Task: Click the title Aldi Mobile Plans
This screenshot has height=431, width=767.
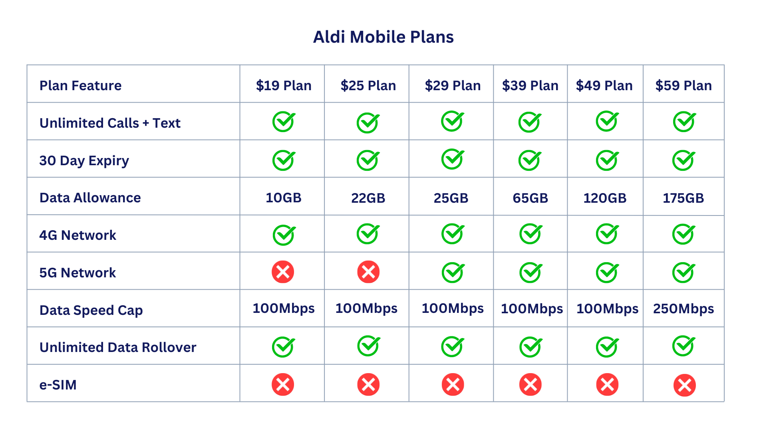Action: pos(383,37)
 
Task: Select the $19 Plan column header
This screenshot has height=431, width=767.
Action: pos(284,85)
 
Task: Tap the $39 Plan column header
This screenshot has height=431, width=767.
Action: pos(530,85)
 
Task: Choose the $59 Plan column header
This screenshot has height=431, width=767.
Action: pos(684,85)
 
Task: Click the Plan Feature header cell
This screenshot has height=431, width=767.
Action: pos(80,85)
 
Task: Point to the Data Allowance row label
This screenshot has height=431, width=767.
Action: pos(90,198)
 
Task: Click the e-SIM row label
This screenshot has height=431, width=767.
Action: pos(58,385)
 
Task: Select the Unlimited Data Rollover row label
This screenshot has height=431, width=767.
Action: pos(118,347)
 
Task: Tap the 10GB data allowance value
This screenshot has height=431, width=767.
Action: pos(284,198)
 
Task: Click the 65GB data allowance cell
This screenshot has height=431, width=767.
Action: pos(530,198)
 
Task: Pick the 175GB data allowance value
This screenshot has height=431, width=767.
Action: pos(684,198)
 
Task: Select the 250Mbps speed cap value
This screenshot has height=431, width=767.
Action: pos(684,308)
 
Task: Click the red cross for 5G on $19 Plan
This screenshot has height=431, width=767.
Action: pos(283,272)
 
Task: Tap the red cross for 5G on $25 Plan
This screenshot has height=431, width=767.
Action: pos(368,272)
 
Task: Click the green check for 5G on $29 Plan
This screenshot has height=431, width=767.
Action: pos(453,273)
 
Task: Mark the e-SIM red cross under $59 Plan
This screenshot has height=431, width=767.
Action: pos(684,385)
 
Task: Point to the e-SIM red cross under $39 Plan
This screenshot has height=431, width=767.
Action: pos(530,385)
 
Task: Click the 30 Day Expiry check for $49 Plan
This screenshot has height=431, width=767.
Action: pos(607,160)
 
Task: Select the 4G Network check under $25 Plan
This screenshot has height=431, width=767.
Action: pos(368,234)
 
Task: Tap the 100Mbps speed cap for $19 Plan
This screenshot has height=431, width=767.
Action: pos(284,308)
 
